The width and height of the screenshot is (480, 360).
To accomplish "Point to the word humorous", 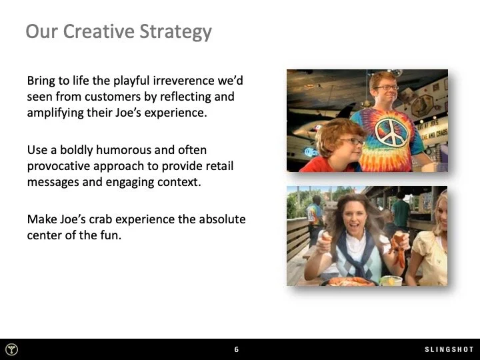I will pos(118,150).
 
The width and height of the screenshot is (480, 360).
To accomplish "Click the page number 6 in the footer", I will pos(237,349).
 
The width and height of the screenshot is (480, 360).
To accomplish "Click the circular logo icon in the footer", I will pos(12,349).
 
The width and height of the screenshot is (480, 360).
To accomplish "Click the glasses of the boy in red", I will pos(351,141).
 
